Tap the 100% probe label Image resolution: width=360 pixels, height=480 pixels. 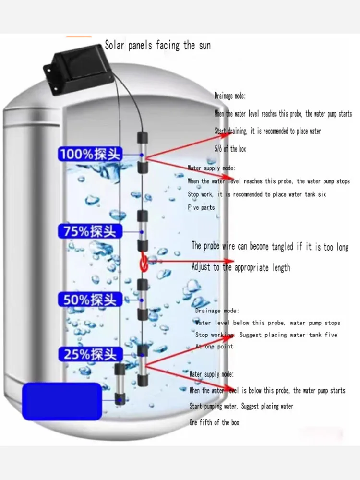tap(90, 155)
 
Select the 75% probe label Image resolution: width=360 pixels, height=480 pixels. tap(90, 231)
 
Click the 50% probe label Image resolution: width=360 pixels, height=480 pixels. tap(90, 300)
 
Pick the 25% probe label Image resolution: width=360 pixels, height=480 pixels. tap(90, 355)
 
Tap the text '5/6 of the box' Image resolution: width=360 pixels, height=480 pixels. tap(230, 149)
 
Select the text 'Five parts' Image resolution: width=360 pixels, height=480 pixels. tap(201, 207)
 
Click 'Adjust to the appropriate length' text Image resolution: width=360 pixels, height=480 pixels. tap(240, 267)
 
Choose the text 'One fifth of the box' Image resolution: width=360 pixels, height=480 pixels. tap(214, 422)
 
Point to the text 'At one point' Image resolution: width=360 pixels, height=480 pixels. tap(214, 346)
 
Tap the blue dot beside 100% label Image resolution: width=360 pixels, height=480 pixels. tap(142, 155)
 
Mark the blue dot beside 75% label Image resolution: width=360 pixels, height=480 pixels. tap(142, 232)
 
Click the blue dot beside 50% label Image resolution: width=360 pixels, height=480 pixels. tap(142, 300)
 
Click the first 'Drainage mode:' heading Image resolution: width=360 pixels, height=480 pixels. tap(230, 96)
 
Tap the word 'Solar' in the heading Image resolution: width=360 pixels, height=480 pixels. tap(116, 46)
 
